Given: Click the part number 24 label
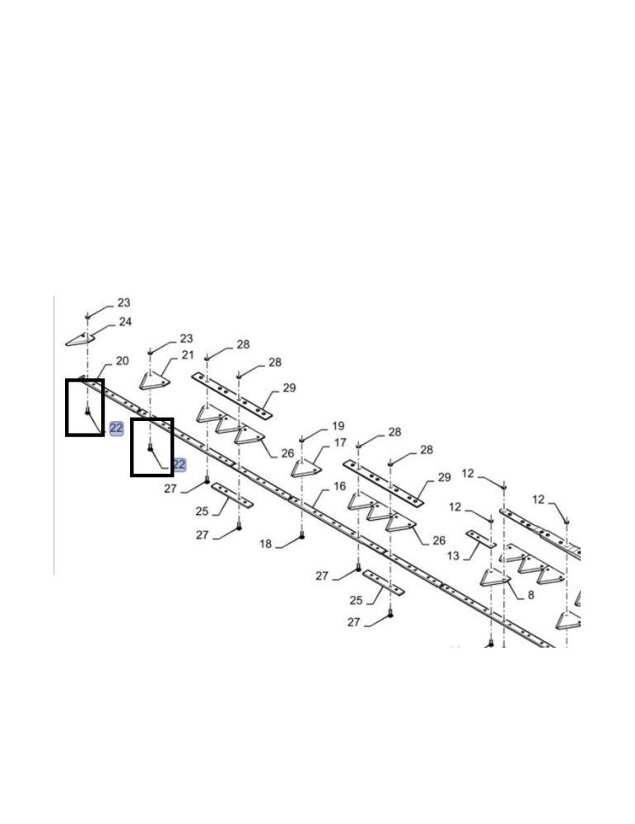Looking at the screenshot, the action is point(125,321).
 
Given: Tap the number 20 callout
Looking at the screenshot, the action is point(123,361).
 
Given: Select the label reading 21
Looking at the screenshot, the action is point(188,355).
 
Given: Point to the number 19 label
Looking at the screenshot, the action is point(339,426).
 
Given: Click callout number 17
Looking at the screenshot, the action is point(340,443).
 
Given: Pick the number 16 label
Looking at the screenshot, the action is point(340,486).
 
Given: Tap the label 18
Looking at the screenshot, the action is point(266,544).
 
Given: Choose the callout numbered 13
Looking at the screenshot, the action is point(453,555).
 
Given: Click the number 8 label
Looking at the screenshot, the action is point(530,595).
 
